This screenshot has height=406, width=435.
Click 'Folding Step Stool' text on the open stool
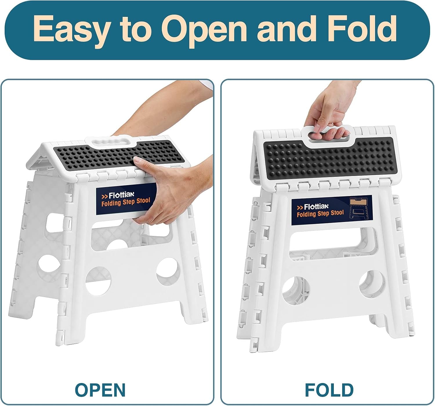[126, 202]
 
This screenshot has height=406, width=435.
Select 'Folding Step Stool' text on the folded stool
[320, 213]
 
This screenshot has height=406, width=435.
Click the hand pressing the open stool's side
[162, 197]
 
